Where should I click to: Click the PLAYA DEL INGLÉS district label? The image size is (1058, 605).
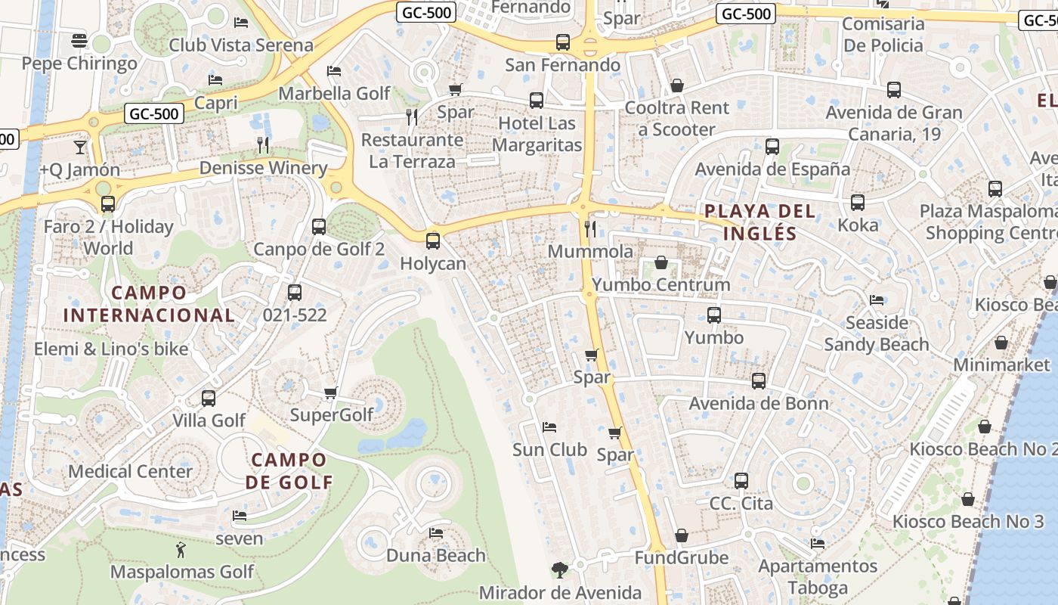[x=760, y=222]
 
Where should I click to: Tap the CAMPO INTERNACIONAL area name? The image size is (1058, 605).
[x=149, y=304]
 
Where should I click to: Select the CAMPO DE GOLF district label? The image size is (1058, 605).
[x=289, y=471]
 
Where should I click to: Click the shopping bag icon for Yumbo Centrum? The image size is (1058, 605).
[x=661, y=262]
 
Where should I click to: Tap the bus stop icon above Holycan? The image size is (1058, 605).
[x=433, y=241]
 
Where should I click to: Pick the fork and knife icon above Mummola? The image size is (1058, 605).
[x=590, y=228]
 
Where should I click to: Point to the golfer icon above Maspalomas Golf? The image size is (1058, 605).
[x=181, y=549]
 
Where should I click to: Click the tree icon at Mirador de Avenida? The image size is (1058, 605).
[x=560, y=570]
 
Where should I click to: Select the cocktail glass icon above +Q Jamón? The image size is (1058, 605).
[x=80, y=147]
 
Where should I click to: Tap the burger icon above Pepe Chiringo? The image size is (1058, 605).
[x=79, y=40]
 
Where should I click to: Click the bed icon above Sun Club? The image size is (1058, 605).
[x=549, y=427]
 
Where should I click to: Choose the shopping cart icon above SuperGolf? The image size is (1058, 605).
[x=330, y=392]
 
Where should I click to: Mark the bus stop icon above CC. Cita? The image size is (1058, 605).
[x=741, y=480]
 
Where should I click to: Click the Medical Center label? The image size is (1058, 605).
[x=131, y=472]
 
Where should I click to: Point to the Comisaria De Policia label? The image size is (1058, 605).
[x=883, y=35]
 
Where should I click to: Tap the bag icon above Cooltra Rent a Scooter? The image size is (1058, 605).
[x=677, y=85]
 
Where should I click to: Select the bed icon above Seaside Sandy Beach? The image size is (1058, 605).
[x=877, y=300]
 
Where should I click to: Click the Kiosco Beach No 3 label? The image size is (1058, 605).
[x=968, y=522]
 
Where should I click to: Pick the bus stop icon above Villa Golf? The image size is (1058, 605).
[x=209, y=398]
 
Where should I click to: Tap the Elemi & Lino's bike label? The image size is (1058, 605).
[x=111, y=349]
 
